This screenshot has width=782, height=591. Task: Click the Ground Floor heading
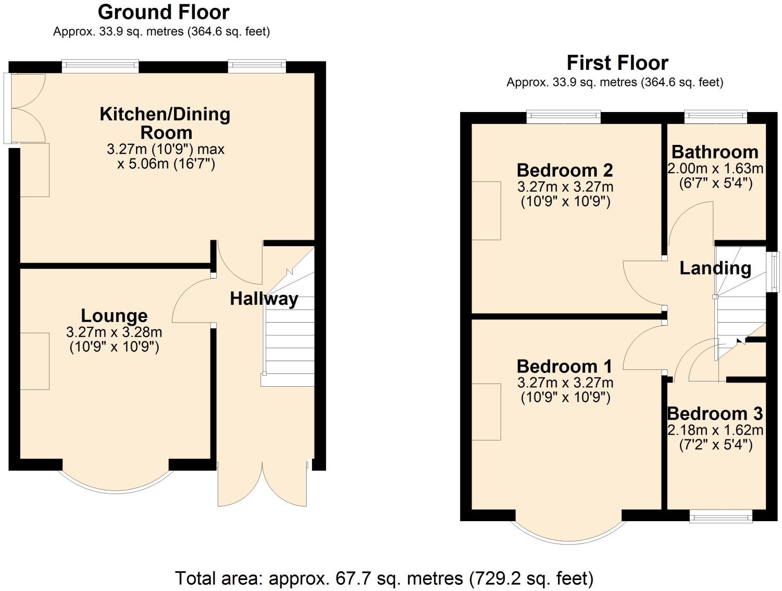click(164, 12)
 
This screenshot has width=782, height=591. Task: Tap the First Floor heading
click(617, 63)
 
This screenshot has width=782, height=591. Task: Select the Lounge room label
click(114, 316)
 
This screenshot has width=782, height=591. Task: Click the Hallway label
click(264, 299)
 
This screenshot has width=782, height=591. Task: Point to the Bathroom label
click(715, 152)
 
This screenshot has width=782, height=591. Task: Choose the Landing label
click(715, 268)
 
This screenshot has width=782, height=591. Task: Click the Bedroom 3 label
click(715, 414)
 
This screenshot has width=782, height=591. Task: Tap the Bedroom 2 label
click(565, 170)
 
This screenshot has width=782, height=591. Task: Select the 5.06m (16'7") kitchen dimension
click(166, 165)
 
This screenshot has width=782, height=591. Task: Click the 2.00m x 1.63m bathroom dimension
click(715, 169)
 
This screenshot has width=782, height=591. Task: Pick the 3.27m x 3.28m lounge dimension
click(114, 332)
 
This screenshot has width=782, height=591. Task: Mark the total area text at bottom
click(384, 578)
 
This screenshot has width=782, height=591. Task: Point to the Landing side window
click(775, 272)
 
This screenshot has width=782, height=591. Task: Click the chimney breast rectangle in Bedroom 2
click(486, 211)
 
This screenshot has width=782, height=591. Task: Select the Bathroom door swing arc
click(690, 224)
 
